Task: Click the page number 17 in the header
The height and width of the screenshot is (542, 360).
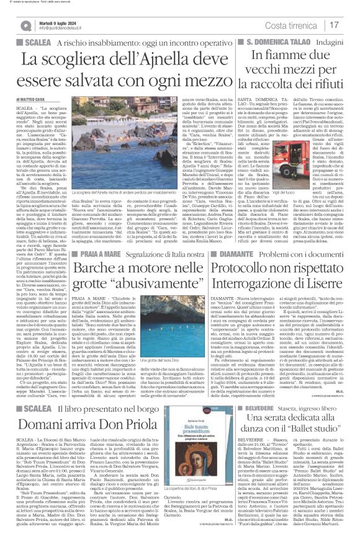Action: pyautogui.click(x=335, y=25)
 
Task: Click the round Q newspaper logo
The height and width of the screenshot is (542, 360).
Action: pyautogui.click(x=25, y=25)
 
